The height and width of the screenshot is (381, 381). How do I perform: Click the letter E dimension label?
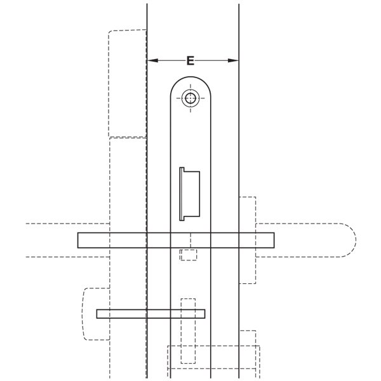[x=190, y=60]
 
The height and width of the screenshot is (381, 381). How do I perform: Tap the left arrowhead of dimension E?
[x=152, y=60]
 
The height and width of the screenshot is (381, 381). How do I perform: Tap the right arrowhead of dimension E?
[x=233, y=60]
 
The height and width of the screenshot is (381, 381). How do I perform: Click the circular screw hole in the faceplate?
[x=190, y=98]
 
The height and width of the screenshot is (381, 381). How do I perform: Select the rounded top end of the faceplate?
[x=190, y=77]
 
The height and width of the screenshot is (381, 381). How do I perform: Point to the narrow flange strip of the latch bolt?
[x=182, y=194]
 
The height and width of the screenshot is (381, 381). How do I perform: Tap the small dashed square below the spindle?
[x=189, y=255]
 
